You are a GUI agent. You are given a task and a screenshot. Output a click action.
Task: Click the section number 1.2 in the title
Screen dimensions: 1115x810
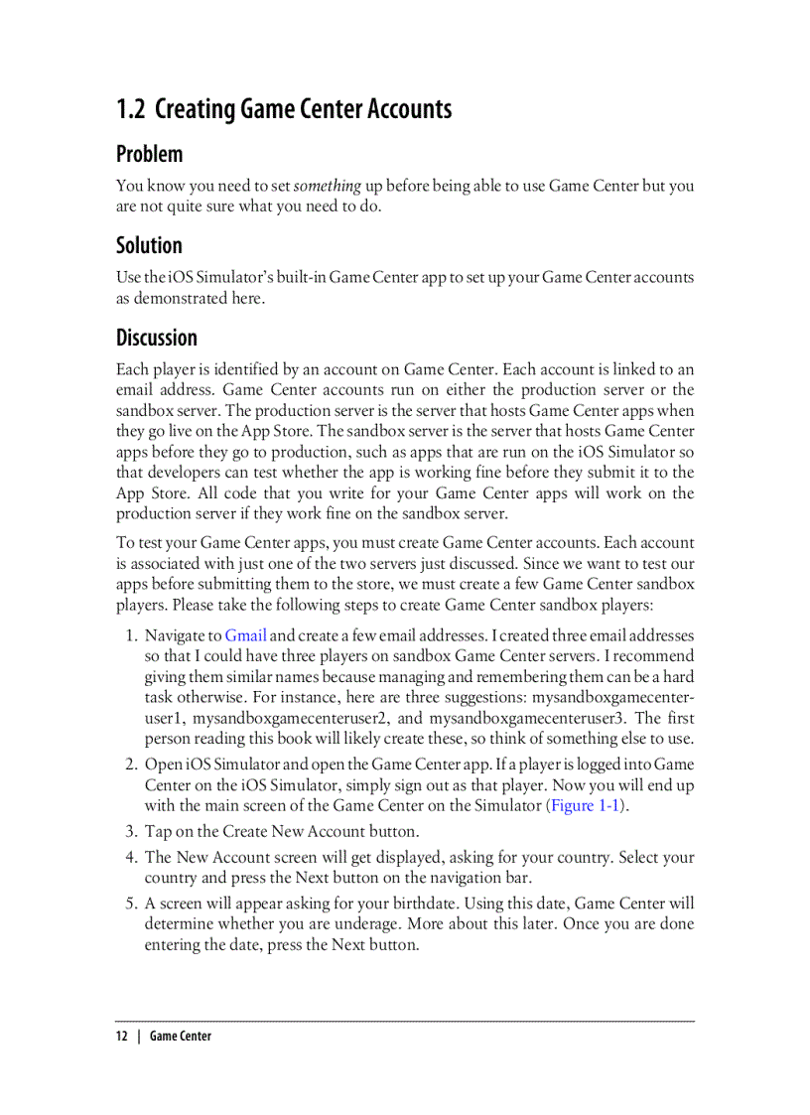tap(132, 109)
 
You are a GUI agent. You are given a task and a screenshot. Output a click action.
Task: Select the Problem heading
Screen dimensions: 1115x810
tap(150, 155)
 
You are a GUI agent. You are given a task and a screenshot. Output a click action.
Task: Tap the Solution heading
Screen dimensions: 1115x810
tap(149, 246)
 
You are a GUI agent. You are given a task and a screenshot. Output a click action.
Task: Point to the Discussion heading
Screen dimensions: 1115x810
tap(157, 338)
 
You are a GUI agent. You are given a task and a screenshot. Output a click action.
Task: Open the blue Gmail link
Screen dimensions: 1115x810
tap(245, 635)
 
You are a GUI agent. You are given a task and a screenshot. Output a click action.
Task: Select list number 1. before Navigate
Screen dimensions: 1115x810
tap(131, 635)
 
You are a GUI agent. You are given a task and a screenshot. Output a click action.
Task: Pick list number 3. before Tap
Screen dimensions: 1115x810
tap(131, 831)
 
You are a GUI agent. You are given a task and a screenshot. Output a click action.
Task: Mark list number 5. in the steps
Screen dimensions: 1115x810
tap(131, 904)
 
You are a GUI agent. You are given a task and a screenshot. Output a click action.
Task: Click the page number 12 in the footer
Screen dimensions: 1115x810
tap(121, 1036)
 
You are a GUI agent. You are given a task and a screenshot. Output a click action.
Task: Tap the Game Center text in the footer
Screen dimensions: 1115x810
tap(181, 1036)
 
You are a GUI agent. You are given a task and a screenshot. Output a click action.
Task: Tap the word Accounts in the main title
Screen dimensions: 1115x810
tap(410, 109)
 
